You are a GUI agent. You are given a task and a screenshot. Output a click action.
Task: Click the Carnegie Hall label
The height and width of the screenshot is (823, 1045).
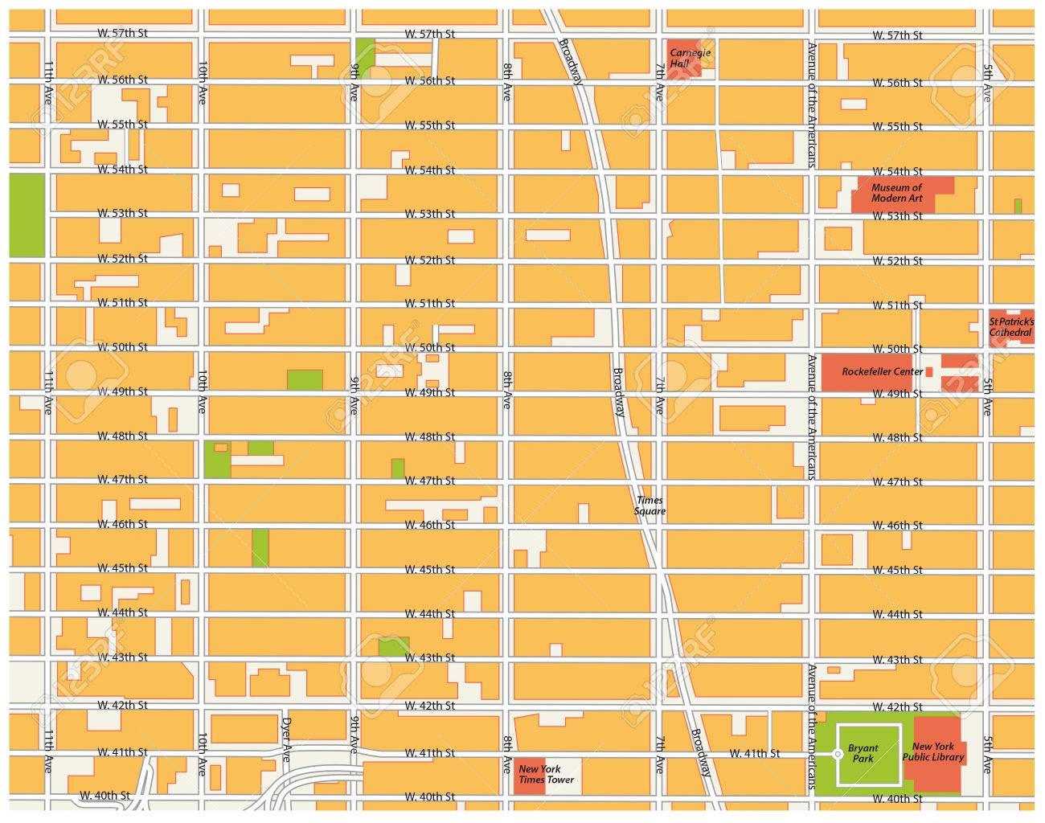(691, 58)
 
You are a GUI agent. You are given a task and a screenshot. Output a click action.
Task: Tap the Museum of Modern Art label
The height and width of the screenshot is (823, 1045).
(896, 193)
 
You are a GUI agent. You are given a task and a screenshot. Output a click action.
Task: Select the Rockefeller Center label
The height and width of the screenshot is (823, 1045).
(882, 372)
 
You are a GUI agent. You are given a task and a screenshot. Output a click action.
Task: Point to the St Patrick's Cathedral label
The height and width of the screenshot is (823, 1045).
(1011, 327)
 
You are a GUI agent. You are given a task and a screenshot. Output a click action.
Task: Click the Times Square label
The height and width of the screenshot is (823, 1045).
(650, 506)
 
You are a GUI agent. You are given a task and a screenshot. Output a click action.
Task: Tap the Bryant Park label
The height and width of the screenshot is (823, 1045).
(863, 754)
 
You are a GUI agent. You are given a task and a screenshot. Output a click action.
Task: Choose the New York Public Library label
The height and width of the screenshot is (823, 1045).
(932, 752)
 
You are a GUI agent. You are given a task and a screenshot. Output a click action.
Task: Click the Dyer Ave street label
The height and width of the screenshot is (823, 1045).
(287, 739)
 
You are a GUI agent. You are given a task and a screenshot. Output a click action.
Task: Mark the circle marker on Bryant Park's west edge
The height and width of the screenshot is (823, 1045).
(837, 755)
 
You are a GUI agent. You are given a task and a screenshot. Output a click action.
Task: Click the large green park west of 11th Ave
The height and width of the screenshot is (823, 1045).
(27, 215)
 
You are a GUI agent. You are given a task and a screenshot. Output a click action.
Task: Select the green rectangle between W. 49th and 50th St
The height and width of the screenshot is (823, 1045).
(305, 379)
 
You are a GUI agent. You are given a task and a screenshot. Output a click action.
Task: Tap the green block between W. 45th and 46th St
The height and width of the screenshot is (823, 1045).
(260, 547)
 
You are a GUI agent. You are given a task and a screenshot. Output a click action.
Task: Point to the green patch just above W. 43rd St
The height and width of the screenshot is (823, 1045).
(394, 646)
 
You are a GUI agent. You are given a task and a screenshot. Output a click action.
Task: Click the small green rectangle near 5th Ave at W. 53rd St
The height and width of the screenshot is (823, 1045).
(1018, 206)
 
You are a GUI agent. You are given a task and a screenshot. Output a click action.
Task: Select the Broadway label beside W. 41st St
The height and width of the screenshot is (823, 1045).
(700, 752)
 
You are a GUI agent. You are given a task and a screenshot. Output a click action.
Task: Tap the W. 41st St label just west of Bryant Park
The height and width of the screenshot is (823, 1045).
(754, 754)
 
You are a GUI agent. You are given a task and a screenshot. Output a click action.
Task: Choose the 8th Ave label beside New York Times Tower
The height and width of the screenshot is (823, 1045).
(507, 751)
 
